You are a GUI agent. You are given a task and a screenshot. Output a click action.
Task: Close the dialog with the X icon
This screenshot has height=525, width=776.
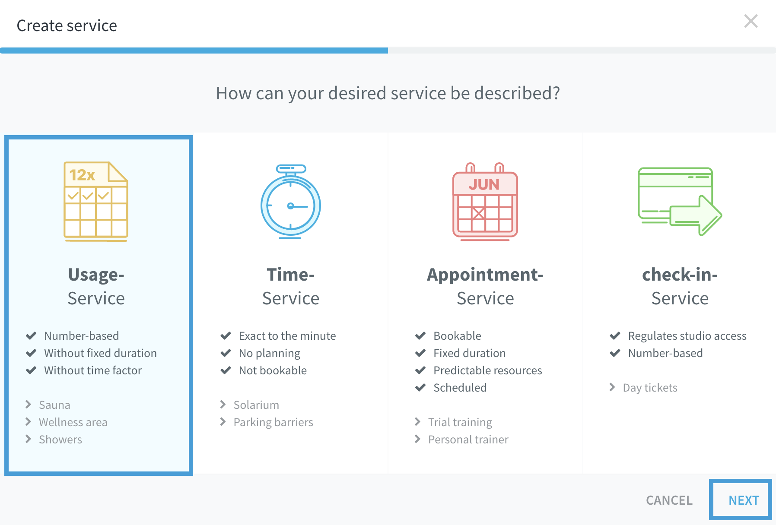(x=751, y=21)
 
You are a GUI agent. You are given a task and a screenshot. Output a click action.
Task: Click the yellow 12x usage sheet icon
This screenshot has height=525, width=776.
(x=96, y=201)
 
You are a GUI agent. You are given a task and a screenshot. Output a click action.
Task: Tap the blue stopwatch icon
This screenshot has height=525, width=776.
(x=291, y=202)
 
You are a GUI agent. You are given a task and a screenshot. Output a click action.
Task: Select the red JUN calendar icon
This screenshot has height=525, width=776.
(x=485, y=201)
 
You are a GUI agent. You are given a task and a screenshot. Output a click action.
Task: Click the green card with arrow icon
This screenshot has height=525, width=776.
(x=680, y=201)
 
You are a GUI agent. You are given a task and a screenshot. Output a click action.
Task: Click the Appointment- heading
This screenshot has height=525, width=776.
(x=485, y=275)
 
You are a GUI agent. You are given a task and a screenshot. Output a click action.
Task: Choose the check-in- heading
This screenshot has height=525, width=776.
(x=680, y=275)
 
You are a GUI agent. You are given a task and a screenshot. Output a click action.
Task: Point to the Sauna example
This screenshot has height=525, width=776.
(x=54, y=405)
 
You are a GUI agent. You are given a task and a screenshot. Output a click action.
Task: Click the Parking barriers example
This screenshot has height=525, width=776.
(x=274, y=422)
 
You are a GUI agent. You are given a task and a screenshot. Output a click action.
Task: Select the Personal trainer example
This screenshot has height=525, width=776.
(x=468, y=440)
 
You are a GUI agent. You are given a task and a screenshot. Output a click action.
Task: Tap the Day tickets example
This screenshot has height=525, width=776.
(x=650, y=388)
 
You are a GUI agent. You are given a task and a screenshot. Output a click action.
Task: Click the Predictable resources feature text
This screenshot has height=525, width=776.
(x=488, y=370)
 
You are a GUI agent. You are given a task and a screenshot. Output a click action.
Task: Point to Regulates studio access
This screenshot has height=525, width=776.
(x=687, y=336)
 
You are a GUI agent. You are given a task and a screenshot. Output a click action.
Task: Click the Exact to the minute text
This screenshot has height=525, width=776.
(x=287, y=336)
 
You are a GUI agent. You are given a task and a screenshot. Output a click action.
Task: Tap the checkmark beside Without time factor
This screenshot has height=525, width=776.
(x=31, y=370)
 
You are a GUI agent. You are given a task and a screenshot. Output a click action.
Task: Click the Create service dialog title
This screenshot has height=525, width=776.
(x=67, y=26)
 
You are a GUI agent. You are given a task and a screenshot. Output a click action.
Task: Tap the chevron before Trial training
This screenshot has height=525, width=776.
(x=417, y=422)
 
